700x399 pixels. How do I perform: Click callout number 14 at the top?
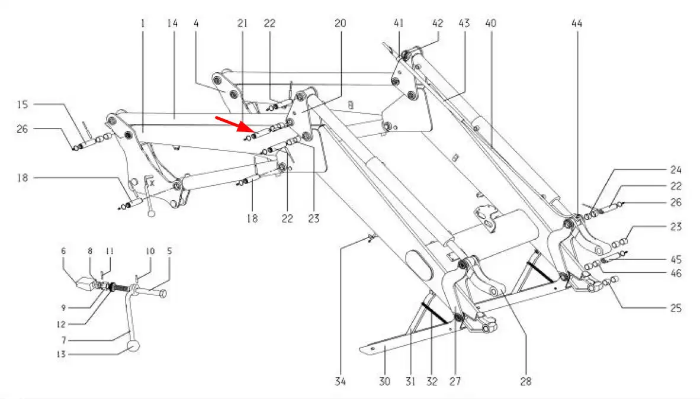[x=172, y=24]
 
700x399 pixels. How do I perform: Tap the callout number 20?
[x=340, y=24]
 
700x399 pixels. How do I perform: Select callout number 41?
[x=398, y=24]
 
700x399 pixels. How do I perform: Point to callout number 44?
[x=577, y=24]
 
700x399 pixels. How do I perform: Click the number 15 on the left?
[x=22, y=105]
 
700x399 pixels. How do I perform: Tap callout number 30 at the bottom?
[x=385, y=382]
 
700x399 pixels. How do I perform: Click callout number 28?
[x=526, y=382]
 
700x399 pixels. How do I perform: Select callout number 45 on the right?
[x=676, y=259]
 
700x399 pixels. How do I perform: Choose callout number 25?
[x=676, y=308]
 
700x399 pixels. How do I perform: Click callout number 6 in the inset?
[x=63, y=251]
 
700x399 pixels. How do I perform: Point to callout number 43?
[x=464, y=24]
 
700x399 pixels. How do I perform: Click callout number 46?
[x=676, y=273]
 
